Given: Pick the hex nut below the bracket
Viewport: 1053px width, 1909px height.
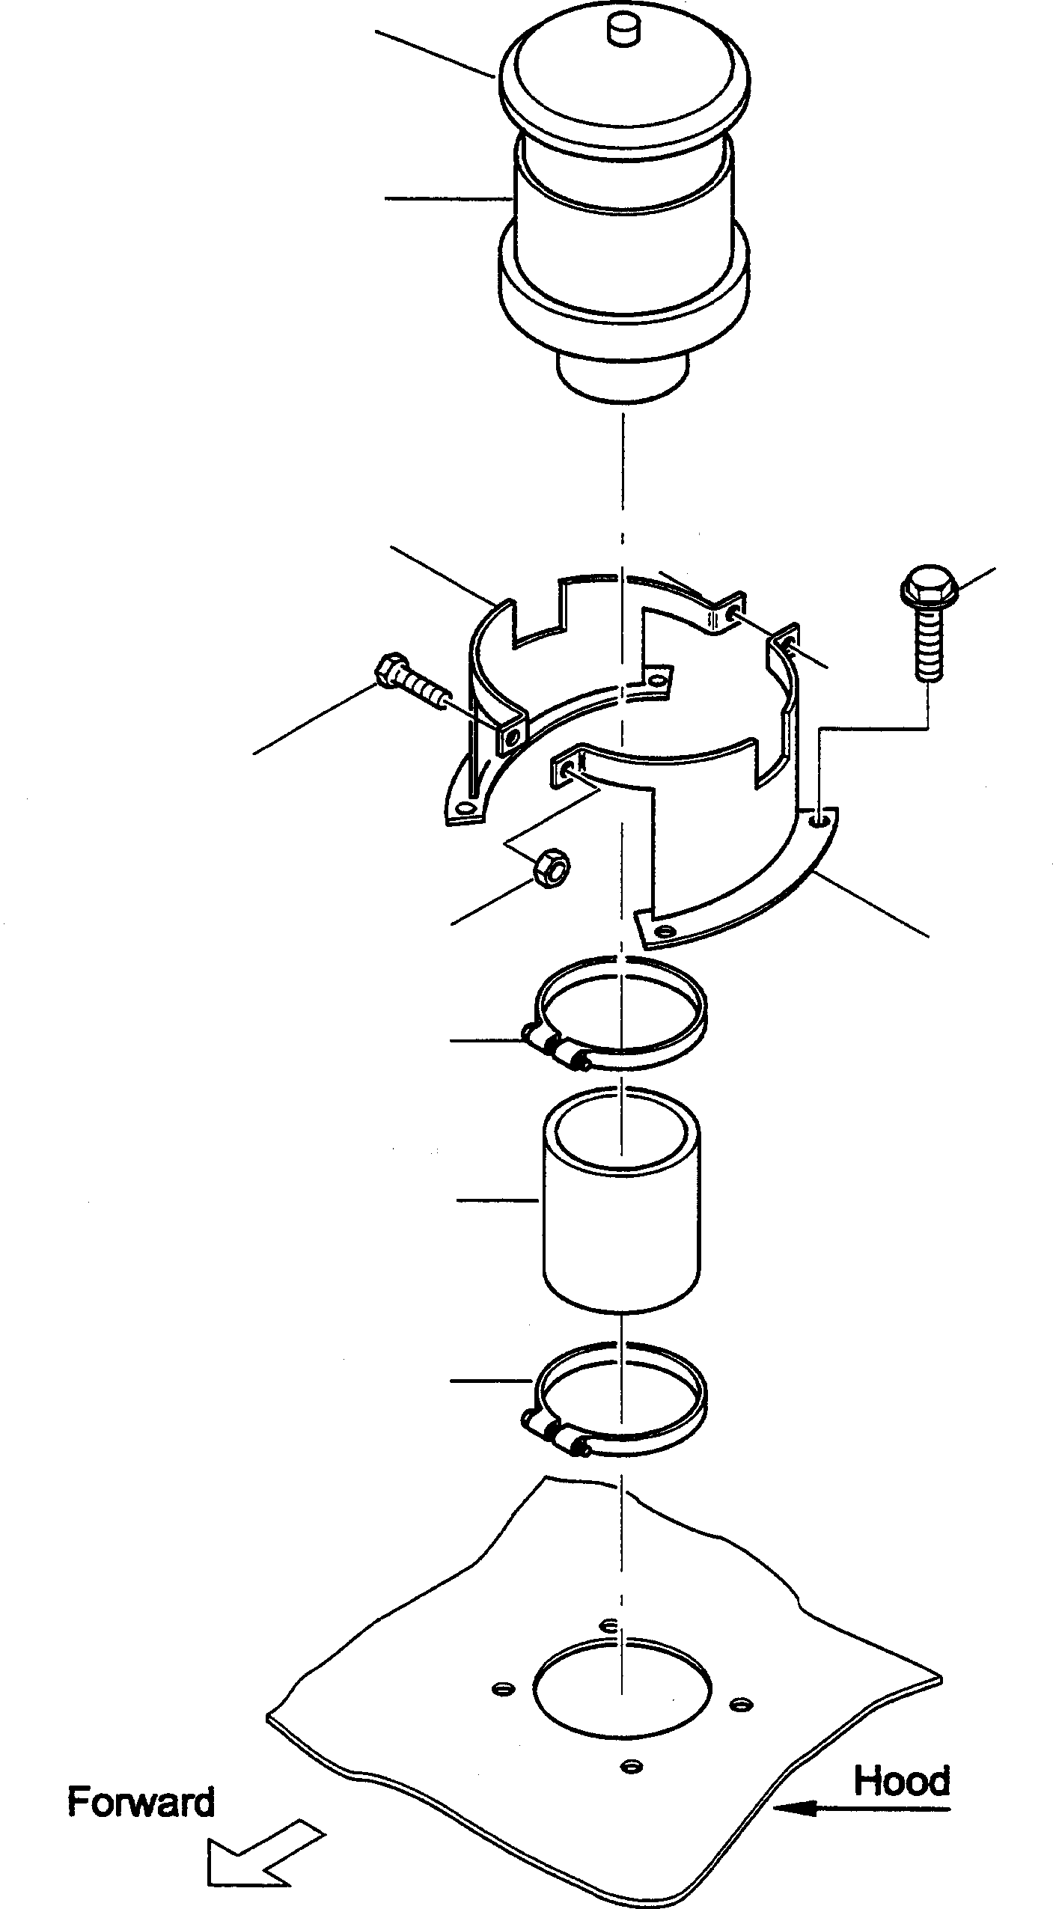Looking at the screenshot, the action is tap(550, 868).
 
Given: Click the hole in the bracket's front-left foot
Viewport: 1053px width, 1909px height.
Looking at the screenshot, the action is tap(466, 808).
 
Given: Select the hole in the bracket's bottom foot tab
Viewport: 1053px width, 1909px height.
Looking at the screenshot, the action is tap(662, 931).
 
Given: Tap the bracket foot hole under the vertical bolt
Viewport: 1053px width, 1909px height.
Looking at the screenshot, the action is tap(821, 822).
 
